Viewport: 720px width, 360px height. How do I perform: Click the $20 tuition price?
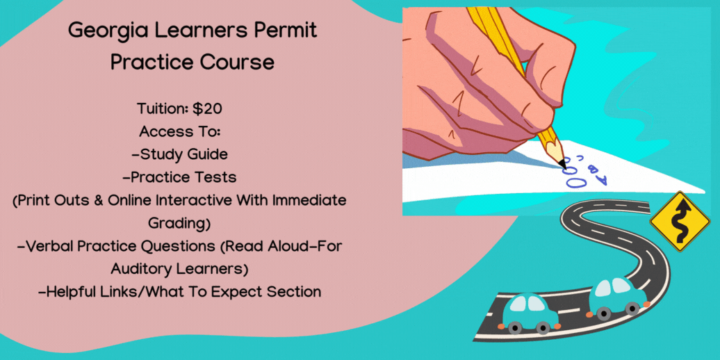(x=208, y=109)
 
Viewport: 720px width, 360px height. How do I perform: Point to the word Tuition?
(x=163, y=109)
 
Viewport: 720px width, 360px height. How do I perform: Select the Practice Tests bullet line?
(x=184, y=178)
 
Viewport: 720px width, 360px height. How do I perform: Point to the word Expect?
(x=245, y=292)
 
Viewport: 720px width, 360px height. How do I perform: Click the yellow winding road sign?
(x=680, y=221)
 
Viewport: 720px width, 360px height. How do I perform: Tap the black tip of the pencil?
(x=562, y=163)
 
